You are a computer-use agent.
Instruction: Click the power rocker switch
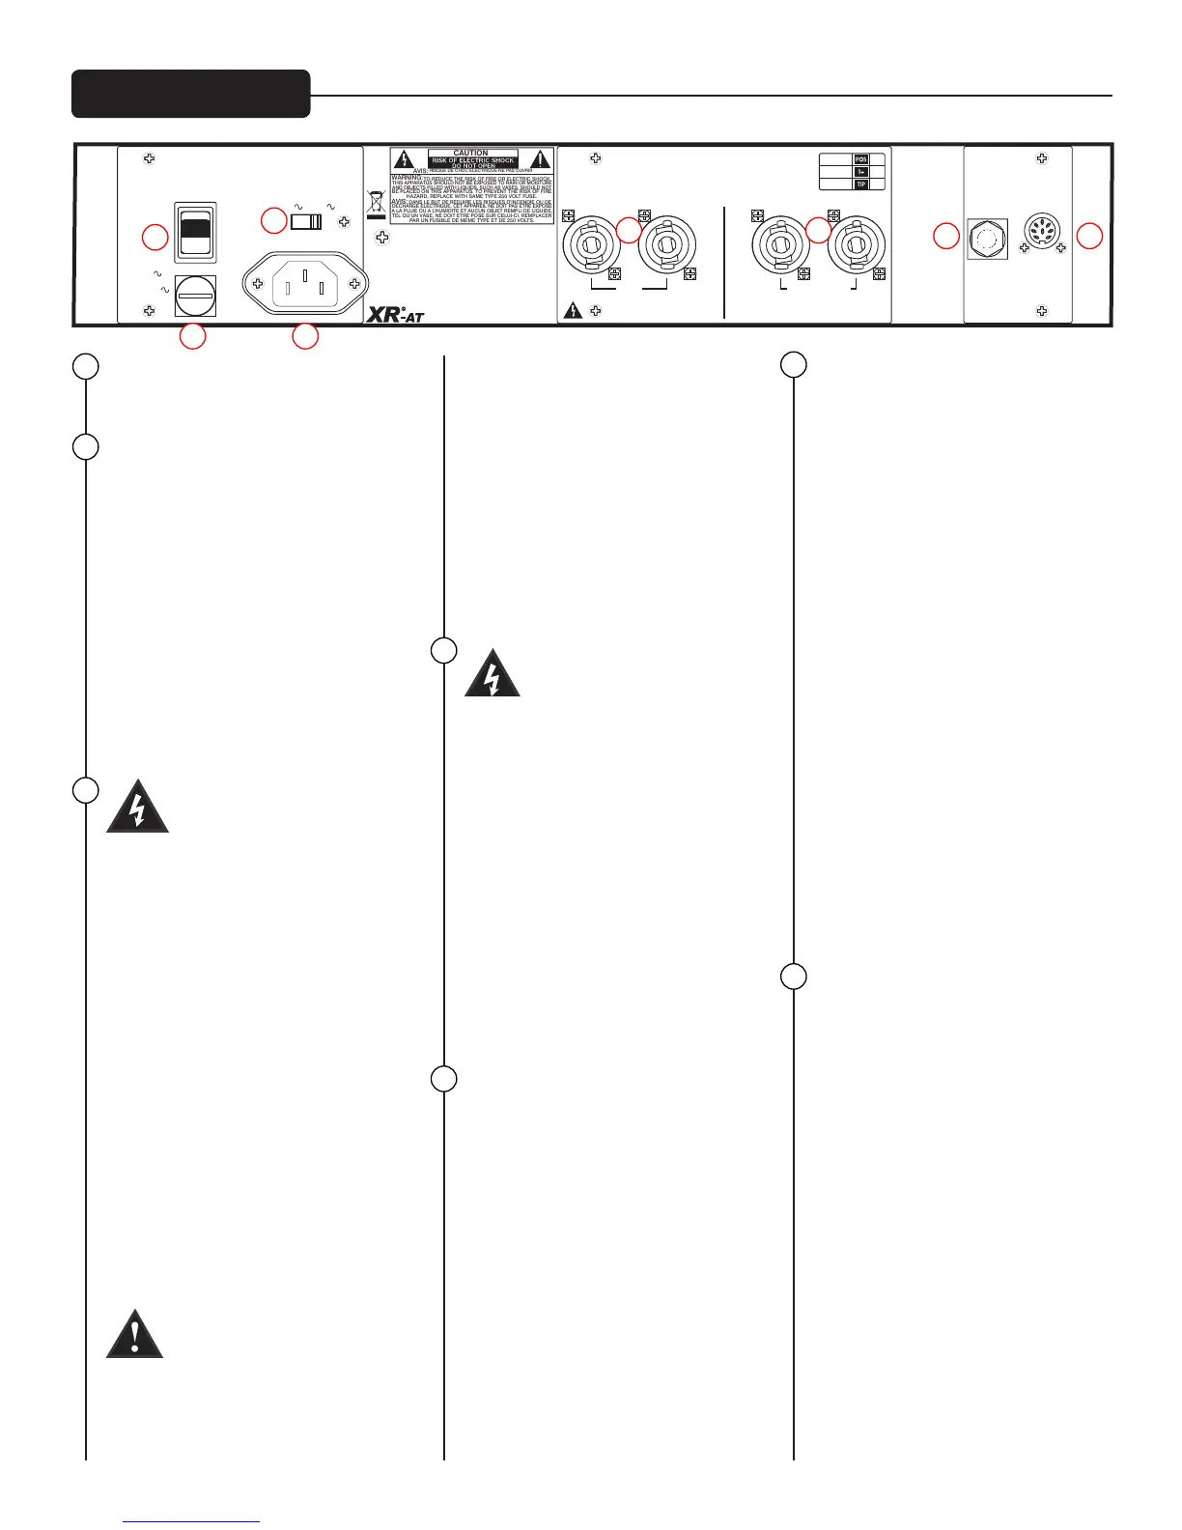point(195,232)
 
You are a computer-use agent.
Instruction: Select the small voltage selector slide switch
point(306,222)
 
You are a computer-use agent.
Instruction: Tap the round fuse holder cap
point(195,296)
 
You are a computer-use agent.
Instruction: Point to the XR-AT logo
point(395,313)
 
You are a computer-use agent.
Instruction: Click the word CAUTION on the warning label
point(471,154)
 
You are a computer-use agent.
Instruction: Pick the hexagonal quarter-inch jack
point(987,239)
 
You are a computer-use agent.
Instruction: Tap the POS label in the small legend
point(861,159)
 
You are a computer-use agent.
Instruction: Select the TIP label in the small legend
point(861,184)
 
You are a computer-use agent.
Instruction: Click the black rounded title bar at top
point(191,94)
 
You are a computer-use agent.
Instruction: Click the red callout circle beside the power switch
point(155,237)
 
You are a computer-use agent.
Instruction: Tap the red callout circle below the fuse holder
point(193,336)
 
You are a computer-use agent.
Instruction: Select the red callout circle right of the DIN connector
point(1089,236)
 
